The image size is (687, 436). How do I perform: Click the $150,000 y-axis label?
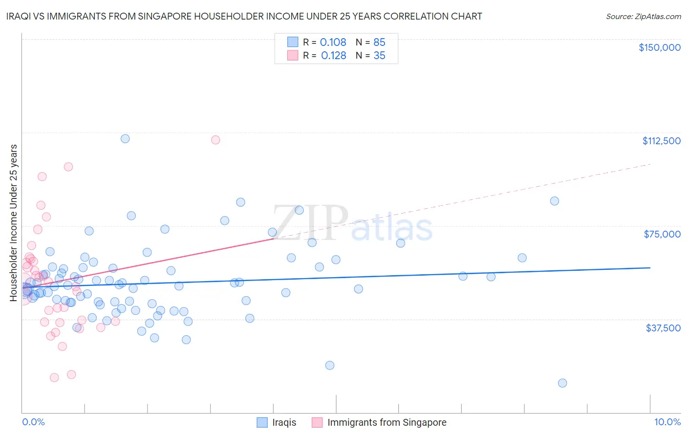pyautogui.click(x=659, y=47)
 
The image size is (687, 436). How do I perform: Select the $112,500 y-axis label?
pyautogui.click(x=661, y=141)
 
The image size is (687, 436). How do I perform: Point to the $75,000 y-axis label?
pyautogui.click(x=662, y=234)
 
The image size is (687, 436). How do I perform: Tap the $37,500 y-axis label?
pyautogui.click(x=663, y=328)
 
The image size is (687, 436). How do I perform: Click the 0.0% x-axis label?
pyautogui.click(x=33, y=422)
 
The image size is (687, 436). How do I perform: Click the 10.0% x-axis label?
pyautogui.click(x=667, y=422)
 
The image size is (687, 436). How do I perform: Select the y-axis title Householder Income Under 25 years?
pyautogui.click(x=14, y=222)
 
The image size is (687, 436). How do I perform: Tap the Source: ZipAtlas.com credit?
pyautogui.click(x=643, y=17)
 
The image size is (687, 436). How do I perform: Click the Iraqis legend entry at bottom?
pyautogui.click(x=284, y=422)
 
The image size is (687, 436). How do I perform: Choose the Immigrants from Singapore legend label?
pyautogui.click(x=386, y=422)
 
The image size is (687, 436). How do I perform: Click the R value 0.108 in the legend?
pyautogui.click(x=333, y=43)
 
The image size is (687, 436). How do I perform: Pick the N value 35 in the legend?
pyautogui.click(x=379, y=56)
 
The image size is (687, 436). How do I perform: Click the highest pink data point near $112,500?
pyautogui.click(x=215, y=140)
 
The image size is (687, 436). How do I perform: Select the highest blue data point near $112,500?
pyautogui.click(x=125, y=139)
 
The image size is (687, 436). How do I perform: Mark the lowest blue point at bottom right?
pyautogui.click(x=562, y=383)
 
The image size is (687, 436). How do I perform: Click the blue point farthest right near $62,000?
pyautogui.click(x=522, y=258)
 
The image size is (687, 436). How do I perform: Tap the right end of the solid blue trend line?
pyautogui.click(x=650, y=268)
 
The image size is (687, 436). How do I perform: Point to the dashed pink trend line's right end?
pyautogui.click(x=650, y=165)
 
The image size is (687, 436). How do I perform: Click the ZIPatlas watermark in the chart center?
pyautogui.click(x=352, y=223)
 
